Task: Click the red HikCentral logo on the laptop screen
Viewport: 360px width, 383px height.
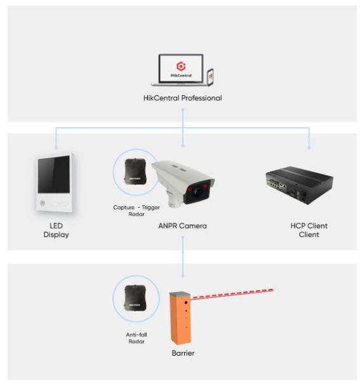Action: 181,66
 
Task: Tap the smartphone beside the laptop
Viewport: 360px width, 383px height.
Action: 210,77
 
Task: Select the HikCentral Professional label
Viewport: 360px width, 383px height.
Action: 183,98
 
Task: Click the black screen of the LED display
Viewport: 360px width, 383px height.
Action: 54,175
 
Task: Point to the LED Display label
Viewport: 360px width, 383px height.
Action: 56,230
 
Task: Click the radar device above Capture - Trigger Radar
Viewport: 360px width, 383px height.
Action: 135,171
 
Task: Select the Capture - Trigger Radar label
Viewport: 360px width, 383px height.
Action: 137,210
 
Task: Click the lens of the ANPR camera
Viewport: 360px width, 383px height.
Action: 197,191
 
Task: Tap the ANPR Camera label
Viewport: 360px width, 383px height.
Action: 183,226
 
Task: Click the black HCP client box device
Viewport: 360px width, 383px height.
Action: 300,185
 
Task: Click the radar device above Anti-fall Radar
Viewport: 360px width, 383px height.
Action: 135,299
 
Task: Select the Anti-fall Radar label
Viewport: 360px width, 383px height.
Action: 137,338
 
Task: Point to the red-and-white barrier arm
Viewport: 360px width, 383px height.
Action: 232,294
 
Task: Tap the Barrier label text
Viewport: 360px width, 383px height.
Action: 183,353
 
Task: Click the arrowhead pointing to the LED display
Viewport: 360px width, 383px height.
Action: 56,147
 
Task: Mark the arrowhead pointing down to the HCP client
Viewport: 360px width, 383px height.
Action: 309,147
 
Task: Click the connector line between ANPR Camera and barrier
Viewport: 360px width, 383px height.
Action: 183,257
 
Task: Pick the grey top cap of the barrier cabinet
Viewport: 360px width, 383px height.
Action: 180,294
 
